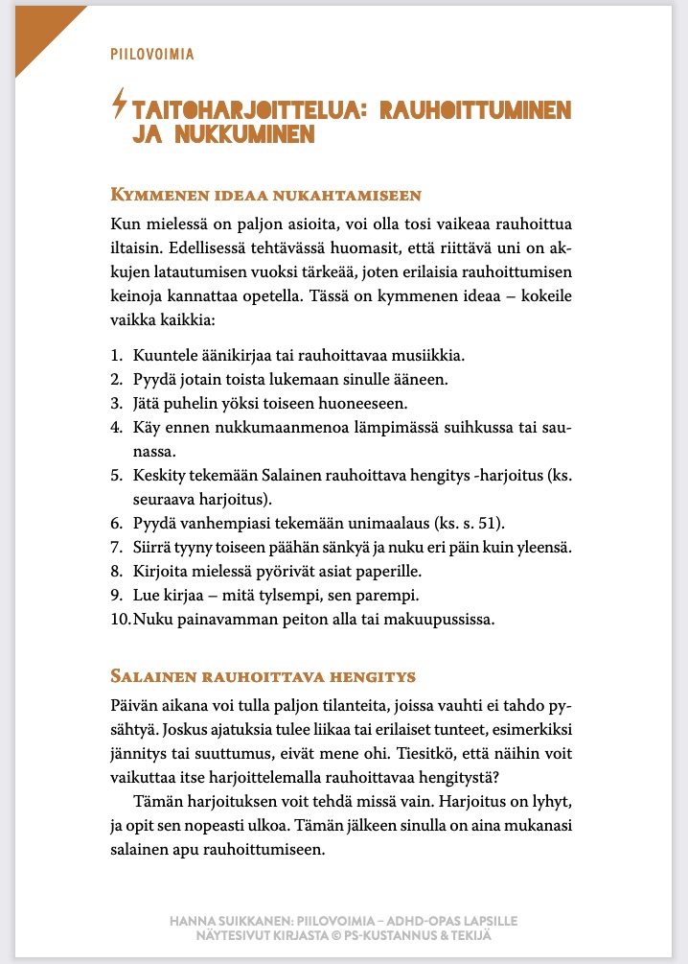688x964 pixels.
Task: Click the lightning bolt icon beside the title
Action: tap(119, 103)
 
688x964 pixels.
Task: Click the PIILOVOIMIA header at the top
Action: tap(152, 54)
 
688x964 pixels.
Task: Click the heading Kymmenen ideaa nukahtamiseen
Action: tap(266, 196)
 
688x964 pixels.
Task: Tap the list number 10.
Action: tap(120, 619)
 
